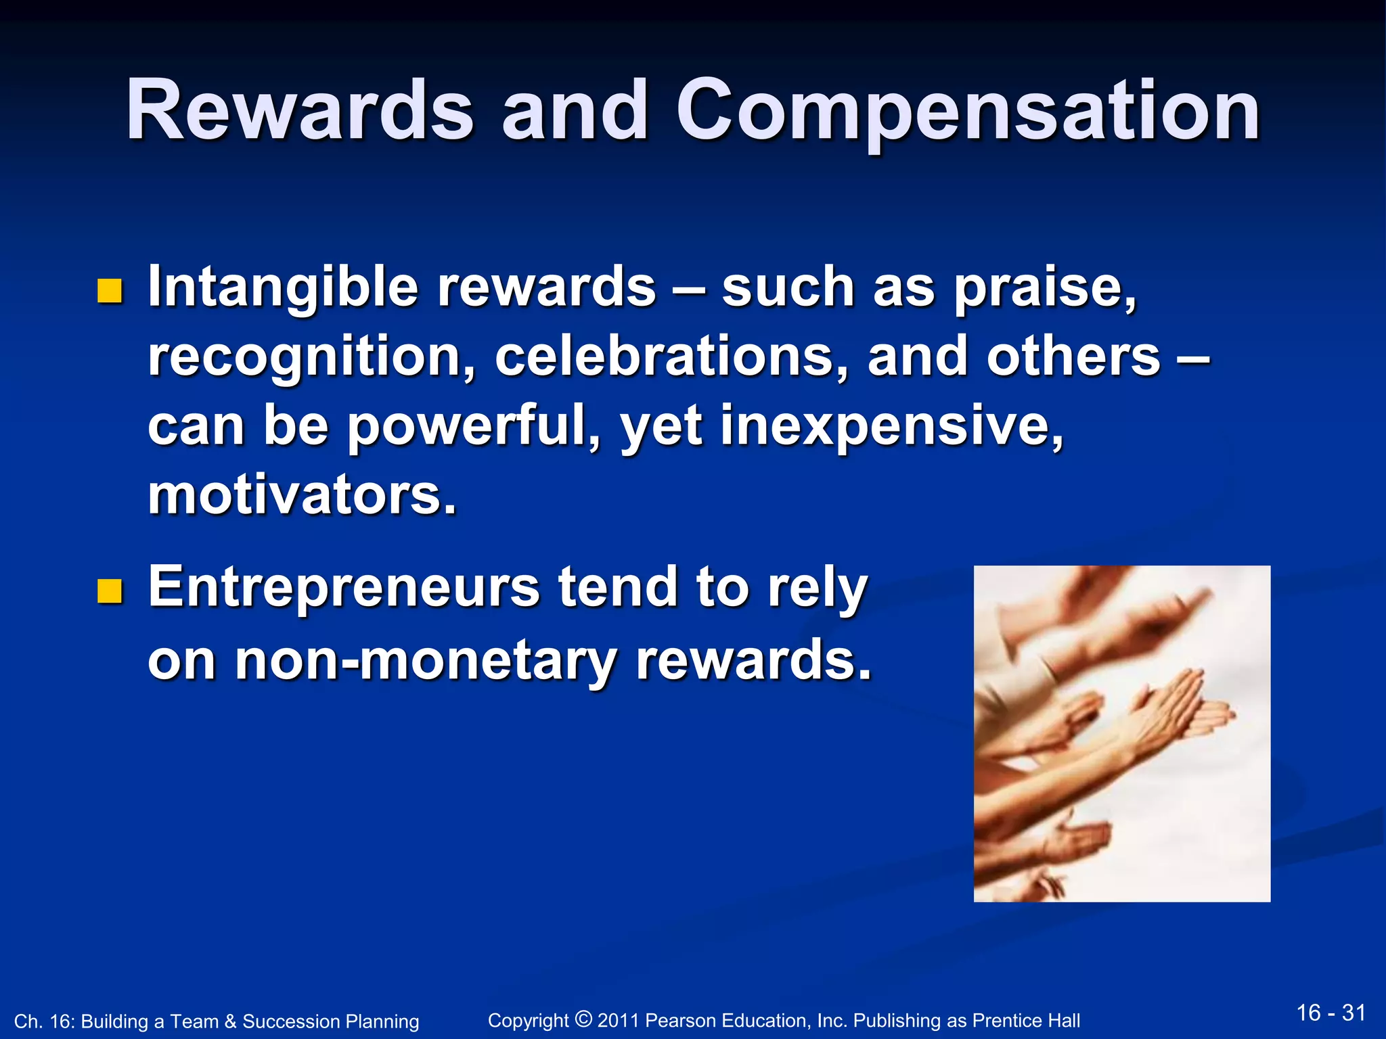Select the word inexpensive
891,426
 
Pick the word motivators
302,495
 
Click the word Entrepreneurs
344,587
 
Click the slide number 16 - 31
1331,1013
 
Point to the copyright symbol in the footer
583,1018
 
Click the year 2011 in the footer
619,1020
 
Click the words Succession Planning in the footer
331,1021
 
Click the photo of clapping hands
1121,733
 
